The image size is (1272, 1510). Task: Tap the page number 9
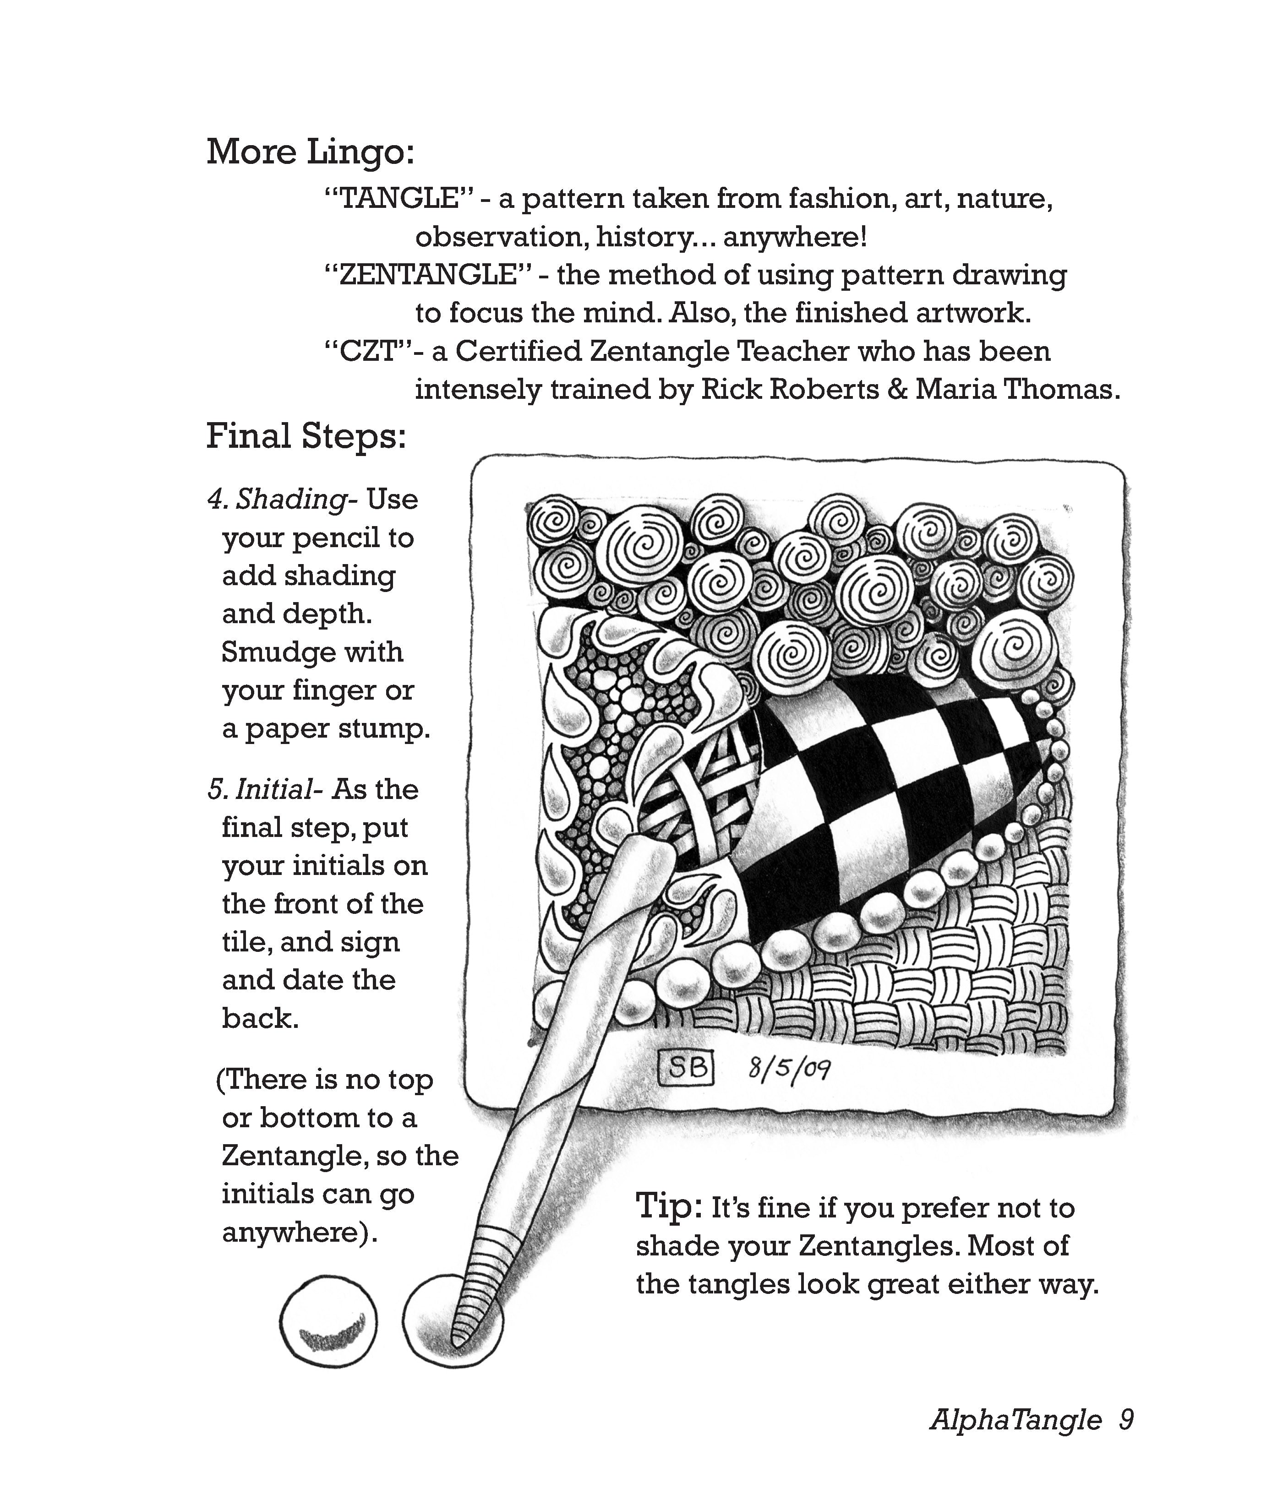click(1126, 1420)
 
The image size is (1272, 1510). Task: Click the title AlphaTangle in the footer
click(1015, 1420)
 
